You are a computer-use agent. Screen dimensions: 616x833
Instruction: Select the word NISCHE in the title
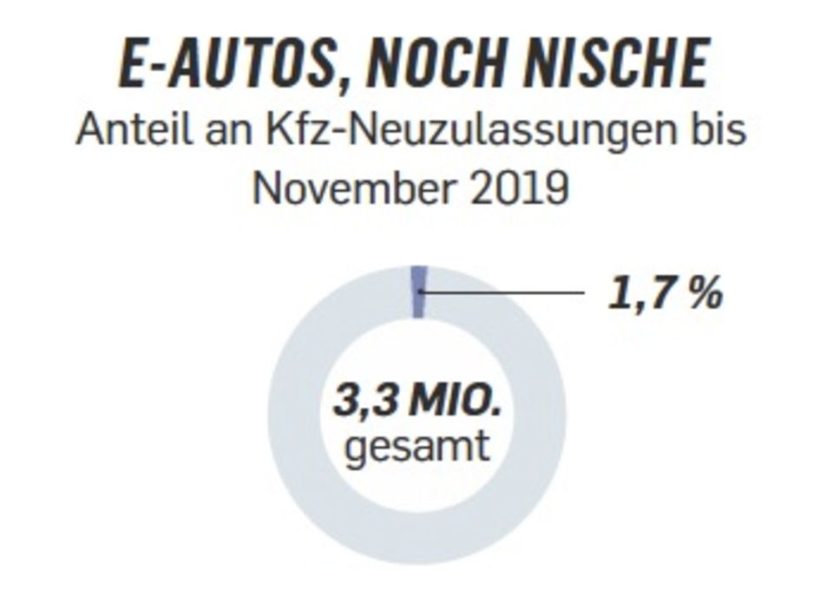[621, 63]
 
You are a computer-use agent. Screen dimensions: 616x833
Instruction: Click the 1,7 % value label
[665, 293]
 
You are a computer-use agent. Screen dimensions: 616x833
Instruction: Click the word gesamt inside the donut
[416, 448]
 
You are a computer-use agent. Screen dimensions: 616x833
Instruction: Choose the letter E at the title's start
[132, 63]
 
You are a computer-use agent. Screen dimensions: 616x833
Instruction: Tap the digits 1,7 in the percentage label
[640, 293]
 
